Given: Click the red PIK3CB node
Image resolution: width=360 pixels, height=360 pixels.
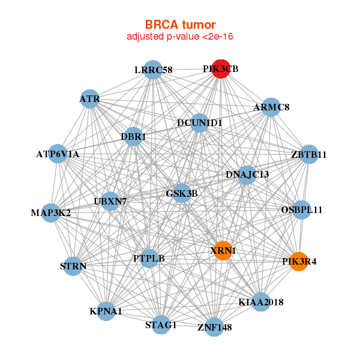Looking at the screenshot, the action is (x=221, y=69).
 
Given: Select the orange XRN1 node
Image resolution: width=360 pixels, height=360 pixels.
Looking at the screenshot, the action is (x=223, y=250).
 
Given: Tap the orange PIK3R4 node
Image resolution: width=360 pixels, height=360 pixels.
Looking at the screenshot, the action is (x=299, y=262).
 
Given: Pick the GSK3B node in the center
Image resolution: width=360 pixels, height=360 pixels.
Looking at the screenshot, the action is (x=182, y=193).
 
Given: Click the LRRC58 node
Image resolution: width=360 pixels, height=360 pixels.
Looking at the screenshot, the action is (x=154, y=70).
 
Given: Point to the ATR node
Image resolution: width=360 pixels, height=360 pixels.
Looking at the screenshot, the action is (x=90, y=98).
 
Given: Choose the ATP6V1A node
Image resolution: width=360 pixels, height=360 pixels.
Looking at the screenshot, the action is (x=58, y=154).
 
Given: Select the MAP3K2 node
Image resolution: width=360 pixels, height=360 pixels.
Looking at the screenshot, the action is (x=51, y=213).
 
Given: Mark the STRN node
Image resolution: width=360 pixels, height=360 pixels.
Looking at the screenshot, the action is (x=73, y=266).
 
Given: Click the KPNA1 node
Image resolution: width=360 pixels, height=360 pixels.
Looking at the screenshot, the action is (x=106, y=311).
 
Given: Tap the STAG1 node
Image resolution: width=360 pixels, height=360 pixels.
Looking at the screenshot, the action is (x=161, y=325).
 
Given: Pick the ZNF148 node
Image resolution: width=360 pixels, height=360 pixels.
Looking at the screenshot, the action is (x=215, y=327).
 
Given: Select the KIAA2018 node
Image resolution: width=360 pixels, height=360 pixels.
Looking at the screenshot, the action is (x=260, y=302).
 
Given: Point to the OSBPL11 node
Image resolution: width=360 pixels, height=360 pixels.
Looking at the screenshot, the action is (x=302, y=210).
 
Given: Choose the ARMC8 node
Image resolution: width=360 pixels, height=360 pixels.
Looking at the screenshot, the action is (x=271, y=107).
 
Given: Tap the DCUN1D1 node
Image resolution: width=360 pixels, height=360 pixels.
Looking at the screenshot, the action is (x=199, y=123).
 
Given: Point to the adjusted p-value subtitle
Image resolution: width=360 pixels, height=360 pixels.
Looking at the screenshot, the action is (x=180, y=37).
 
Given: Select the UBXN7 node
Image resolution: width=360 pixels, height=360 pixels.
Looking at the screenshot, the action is (x=110, y=201).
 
